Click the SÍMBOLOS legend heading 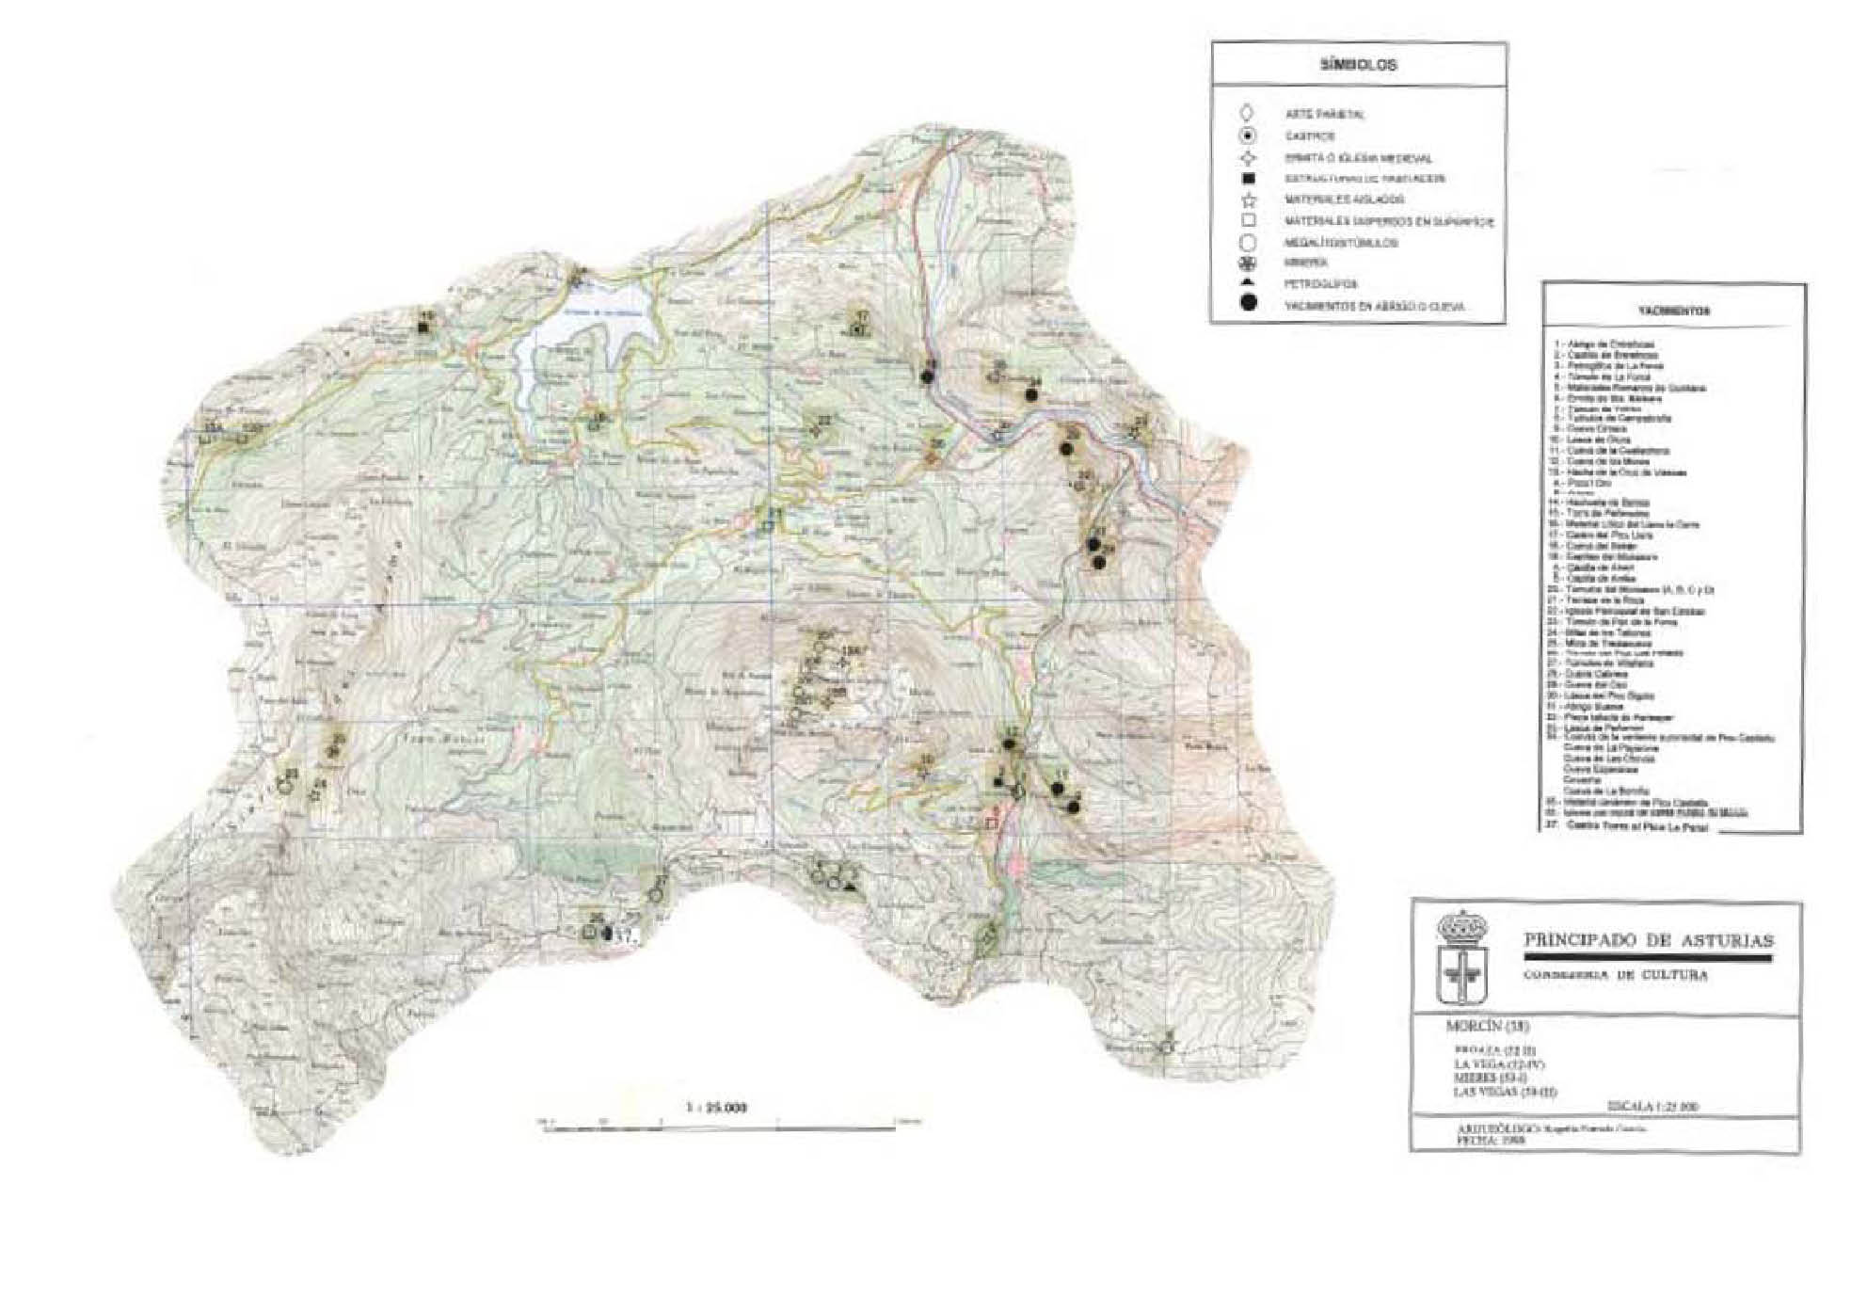pyautogui.click(x=1359, y=66)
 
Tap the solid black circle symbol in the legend pyautogui.click(x=1249, y=303)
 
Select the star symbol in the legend pyautogui.click(x=1249, y=200)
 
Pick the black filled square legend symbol pyautogui.click(x=1249, y=179)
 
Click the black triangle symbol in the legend pyautogui.click(x=1249, y=283)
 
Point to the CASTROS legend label pyautogui.click(x=1309, y=137)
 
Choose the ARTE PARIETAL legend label pyautogui.click(x=1325, y=115)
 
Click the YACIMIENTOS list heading pyautogui.click(x=1673, y=312)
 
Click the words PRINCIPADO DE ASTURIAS pyautogui.click(x=1648, y=940)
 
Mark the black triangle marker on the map pyautogui.click(x=851, y=886)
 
